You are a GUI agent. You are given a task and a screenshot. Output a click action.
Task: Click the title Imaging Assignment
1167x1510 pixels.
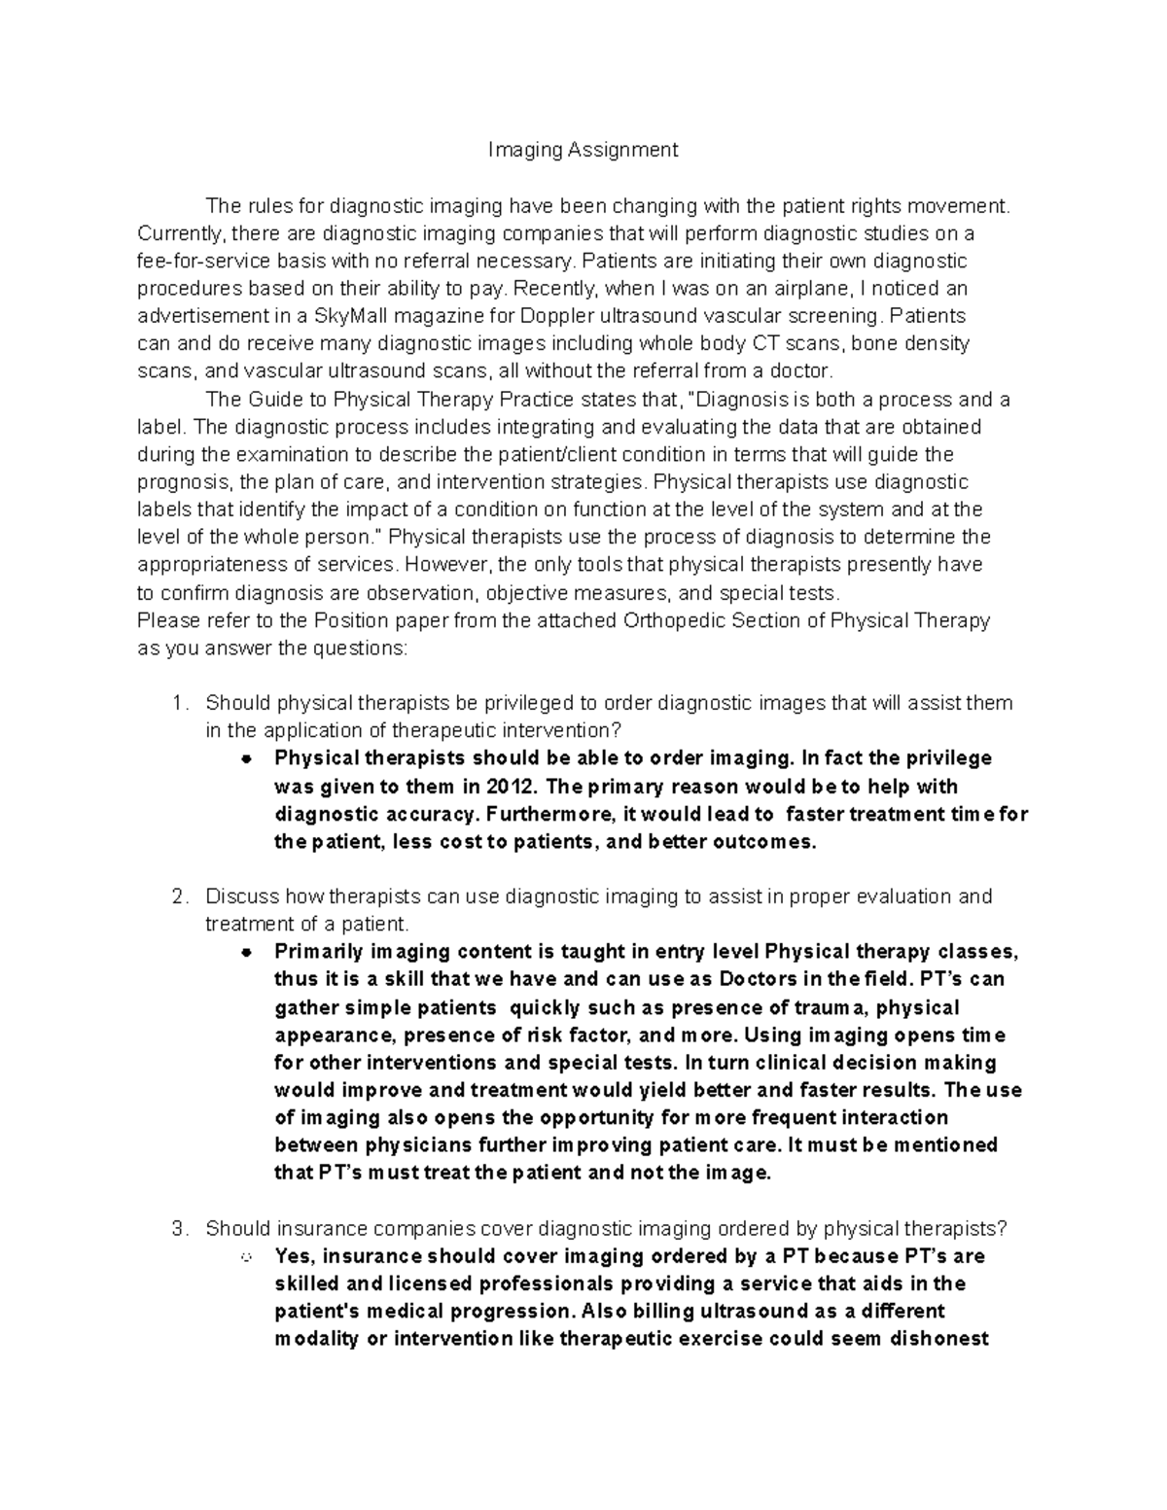tap(583, 150)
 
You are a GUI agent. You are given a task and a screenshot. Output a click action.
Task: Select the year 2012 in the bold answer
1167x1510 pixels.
tap(512, 786)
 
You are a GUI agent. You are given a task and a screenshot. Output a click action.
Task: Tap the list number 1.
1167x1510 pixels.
tap(176, 703)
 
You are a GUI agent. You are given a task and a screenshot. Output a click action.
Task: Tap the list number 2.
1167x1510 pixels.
tap(176, 896)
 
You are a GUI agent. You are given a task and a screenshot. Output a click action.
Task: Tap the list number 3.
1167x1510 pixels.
tap(176, 1229)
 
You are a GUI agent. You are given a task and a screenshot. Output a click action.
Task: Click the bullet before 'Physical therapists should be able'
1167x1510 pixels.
tap(247, 758)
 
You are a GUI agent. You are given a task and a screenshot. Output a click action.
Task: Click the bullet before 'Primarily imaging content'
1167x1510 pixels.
tap(247, 952)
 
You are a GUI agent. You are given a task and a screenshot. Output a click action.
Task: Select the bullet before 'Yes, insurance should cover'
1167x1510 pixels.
tap(247, 1257)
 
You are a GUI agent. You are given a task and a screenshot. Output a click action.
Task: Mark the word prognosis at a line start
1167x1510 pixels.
tap(184, 482)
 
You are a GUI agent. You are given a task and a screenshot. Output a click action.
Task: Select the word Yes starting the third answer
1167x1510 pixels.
tap(295, 1256)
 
